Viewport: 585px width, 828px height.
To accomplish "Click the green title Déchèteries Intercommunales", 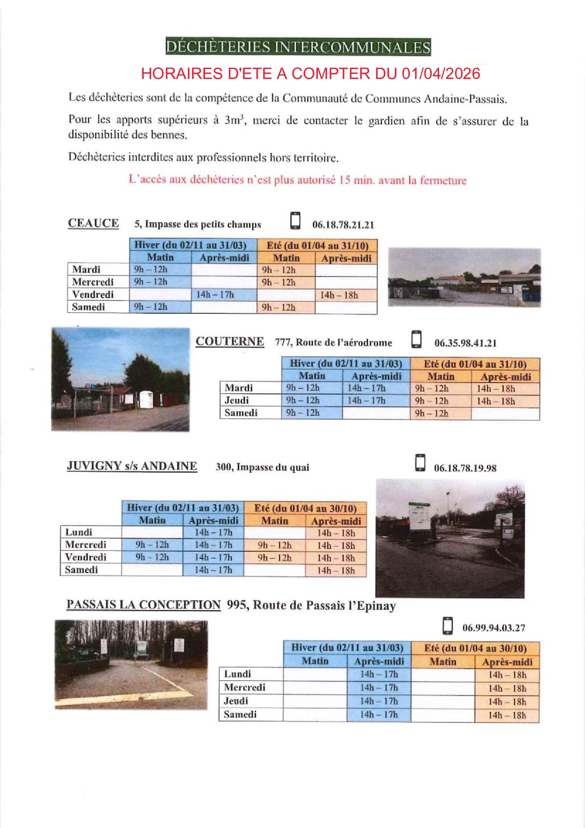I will click(x=298, y=47).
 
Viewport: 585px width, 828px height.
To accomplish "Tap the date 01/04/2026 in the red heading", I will click(x=441, y=74).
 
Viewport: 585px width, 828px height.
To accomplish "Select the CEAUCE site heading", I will click(x=93, y=223).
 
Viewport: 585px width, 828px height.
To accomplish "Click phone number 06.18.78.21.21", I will click(x=343, y=225).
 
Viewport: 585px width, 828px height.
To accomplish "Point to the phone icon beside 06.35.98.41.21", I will click(x=416, y=339).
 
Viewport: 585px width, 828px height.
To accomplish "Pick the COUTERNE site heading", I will click(x=230, y=342).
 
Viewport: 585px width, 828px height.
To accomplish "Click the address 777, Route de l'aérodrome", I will click(x=333, y=342).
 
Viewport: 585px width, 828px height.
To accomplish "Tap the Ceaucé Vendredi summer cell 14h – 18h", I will click(x=339, y=295).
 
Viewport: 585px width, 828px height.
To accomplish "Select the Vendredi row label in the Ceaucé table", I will click(x=93, y=294).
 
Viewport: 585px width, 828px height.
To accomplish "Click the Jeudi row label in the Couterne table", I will click(x=237, y=401).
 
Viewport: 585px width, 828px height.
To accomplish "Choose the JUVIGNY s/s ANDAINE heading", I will click(x=132, y=466).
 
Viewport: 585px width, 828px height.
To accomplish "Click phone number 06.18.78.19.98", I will click(x=465, y=468).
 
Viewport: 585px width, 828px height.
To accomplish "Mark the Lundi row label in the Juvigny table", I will click(x=79, y=532).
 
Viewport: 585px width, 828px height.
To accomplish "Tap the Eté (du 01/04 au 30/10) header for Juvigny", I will click(x=305, y=508).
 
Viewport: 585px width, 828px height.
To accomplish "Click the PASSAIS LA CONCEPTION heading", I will click(x=144, y=605).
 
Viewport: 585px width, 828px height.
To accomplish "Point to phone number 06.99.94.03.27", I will click(x=494, y=628).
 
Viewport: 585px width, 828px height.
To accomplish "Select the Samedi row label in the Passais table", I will click(x=240, y=715).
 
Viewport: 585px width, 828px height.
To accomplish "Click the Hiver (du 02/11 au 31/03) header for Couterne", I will click(x=346, y=363).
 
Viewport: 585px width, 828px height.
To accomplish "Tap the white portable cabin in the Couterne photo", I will click(x=146, y=399).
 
